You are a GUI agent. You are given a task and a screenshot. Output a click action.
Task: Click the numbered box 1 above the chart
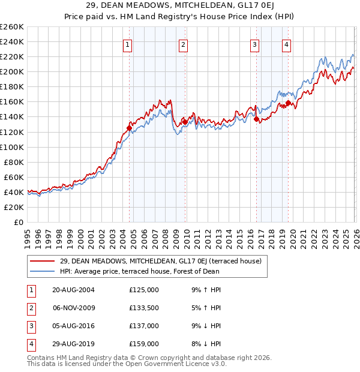tap(128, 44)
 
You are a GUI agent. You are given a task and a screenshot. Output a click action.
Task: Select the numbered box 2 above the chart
tap(183, 44)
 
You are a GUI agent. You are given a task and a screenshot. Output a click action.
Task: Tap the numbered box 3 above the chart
tap(254, 44)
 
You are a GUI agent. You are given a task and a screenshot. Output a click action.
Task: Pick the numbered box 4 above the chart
tap(287, 44)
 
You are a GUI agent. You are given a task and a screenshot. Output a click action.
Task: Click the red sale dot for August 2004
tap(130, 128)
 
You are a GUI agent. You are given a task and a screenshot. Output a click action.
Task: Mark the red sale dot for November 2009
tap(185, 122)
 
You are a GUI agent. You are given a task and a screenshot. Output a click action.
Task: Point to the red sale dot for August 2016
tap(256, 119)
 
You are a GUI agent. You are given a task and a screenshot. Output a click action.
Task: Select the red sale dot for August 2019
tap(289, 103)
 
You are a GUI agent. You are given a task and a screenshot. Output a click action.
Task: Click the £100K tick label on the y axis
tap(12, 147)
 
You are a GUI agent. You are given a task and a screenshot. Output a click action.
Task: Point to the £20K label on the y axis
tap(14, 207)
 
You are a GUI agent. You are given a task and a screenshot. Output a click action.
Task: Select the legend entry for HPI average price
tap(139, 271)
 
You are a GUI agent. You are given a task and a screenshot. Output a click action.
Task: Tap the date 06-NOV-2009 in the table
tap(74, 308)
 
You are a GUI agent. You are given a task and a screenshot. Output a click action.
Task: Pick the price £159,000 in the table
tap(144, 344)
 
